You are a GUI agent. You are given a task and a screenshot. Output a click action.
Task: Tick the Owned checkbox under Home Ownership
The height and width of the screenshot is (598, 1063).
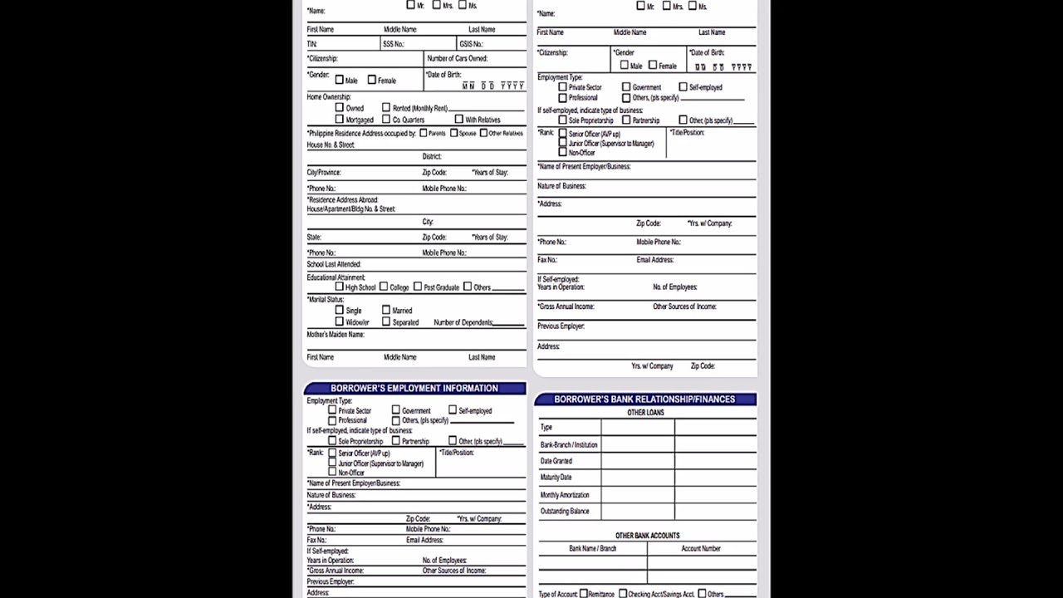click(340, 108)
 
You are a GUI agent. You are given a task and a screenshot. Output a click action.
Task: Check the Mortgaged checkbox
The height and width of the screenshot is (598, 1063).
click(340, 120)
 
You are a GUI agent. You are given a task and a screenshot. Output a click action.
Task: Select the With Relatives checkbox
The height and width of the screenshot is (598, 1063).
click(458, 120)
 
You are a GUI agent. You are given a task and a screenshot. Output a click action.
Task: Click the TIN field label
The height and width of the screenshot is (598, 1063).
click(312, 44)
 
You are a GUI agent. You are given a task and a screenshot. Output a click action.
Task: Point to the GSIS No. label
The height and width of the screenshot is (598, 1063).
click(471, 44)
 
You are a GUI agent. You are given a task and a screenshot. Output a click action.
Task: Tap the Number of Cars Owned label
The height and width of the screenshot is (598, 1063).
click(457, 59)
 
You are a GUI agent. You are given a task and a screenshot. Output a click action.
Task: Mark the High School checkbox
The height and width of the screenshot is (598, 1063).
click(340, 287)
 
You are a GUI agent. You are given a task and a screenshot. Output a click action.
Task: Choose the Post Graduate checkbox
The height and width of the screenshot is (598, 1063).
click(418, 287)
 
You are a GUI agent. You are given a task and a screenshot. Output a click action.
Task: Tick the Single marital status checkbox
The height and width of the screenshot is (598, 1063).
click(340, 311)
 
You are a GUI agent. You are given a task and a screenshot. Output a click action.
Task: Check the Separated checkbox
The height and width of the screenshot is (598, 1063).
click(386, 322)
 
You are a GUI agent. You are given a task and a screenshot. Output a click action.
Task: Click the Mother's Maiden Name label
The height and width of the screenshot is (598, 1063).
click(336, 335)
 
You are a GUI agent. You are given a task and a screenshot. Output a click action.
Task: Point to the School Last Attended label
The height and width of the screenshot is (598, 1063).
click(334, 264)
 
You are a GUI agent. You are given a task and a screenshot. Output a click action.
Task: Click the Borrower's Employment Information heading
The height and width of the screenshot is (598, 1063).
click(414, 388)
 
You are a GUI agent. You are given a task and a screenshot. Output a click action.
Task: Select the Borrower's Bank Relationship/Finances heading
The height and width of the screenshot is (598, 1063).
click(644, 399)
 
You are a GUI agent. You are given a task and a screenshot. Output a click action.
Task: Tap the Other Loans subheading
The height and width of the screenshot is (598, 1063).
click(645, 413)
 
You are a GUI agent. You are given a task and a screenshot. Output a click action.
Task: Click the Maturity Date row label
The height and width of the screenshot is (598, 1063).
click(556, 478)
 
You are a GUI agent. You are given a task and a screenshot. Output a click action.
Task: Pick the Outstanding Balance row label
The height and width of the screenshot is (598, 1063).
click(565, 512)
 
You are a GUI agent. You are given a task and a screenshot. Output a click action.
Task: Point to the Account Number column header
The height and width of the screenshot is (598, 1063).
click(701, 549)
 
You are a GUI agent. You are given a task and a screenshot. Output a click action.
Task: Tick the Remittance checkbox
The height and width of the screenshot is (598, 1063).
click(584, 594)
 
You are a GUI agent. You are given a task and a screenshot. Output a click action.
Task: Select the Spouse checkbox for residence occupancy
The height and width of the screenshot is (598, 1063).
click(453, 133)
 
